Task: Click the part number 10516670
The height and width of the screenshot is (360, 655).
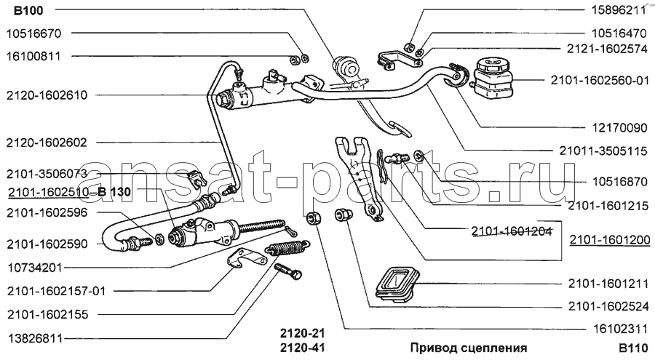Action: [34, 33]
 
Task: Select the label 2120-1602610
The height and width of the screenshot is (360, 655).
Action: [47, 95]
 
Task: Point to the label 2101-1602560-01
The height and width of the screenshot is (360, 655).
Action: [599, 81]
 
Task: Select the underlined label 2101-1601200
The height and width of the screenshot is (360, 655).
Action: [610, 240]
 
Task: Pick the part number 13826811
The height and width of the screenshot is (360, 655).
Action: [34, 339]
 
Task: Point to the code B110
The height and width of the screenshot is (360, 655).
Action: [632, 347]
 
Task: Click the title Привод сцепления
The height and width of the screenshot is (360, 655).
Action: [468, 347]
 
